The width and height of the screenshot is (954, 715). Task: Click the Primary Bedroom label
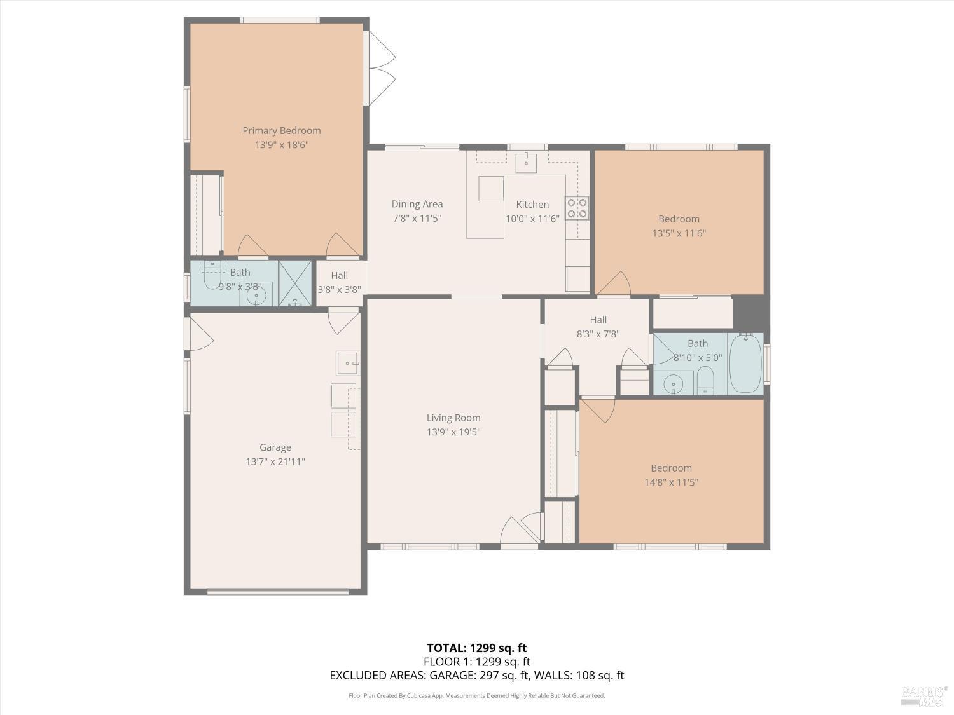coord(281,131)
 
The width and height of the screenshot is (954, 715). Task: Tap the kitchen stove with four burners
coord(577,208)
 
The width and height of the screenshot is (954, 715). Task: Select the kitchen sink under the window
coord(526,161)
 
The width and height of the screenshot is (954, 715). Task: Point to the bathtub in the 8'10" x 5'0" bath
coord(745,364)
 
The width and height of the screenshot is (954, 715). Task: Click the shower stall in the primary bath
coord(295,283)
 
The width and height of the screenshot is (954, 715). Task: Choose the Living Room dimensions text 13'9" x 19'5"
coord(453,432)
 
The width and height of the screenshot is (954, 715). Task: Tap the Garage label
coord(275,447)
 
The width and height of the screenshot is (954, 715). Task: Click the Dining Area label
coord(417,204)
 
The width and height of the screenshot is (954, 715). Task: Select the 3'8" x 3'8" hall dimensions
coord(339,289)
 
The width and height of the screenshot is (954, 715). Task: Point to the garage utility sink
coord(347,363)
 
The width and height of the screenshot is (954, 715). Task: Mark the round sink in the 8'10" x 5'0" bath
coord(673,384)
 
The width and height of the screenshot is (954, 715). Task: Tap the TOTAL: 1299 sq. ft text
coord(476,648)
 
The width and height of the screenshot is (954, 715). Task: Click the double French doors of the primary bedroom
coord(381,68)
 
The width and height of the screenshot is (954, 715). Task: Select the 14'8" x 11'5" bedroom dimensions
coord(671,482)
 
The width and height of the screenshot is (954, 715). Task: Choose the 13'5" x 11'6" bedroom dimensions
coord(679,233)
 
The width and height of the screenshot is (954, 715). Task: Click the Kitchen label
coord(532,205)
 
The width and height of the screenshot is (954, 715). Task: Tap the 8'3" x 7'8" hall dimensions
coord(598,334)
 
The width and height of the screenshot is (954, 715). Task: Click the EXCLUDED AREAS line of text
coord(476,675)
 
